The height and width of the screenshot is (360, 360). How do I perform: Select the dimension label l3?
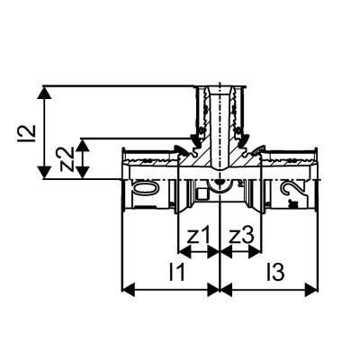click(273, 270)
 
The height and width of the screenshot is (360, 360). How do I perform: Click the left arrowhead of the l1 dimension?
click(127, 290)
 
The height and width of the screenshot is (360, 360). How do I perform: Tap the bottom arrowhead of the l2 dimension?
click(44, 174)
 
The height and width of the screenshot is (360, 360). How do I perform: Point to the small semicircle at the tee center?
click(219, 187)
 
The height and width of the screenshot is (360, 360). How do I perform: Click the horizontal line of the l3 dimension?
click(270, 290)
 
